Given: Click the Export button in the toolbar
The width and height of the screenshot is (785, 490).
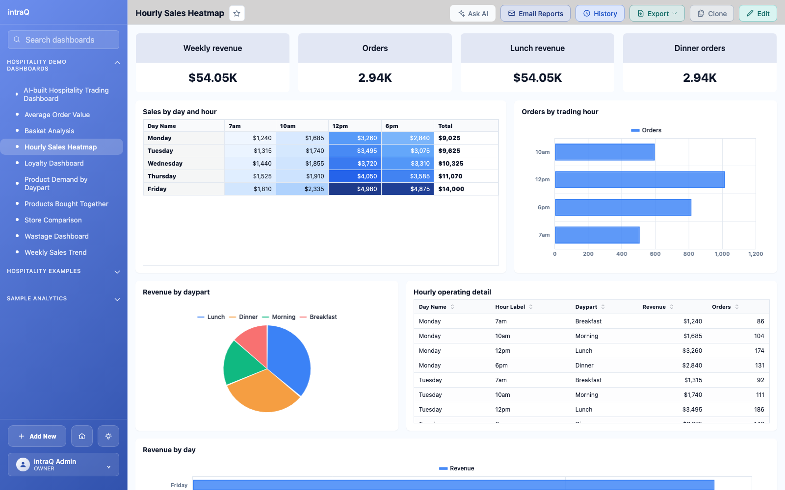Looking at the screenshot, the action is [x=657, y=13].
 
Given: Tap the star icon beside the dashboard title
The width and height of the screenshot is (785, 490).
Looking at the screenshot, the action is [x=237, y=13].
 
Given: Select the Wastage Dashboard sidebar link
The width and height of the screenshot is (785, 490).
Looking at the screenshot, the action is [x=56, y=236].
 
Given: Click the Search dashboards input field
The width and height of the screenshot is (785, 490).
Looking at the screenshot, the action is [x=63, y=40].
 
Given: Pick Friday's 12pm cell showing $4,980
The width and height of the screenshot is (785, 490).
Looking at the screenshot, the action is [x=355, y=189].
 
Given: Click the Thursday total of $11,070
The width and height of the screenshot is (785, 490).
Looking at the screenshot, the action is [x=450, y=176].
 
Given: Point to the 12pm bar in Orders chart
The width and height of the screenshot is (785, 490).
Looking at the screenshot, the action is [x=640, y=179].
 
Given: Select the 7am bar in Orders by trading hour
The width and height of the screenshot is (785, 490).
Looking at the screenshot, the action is [x=597, y=235].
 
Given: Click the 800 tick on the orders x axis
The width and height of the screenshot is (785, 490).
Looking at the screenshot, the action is [x=689, y=254].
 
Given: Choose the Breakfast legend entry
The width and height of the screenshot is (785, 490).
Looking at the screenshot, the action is [x=318, y=317].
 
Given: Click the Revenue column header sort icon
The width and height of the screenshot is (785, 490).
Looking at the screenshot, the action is [x=672, y=307].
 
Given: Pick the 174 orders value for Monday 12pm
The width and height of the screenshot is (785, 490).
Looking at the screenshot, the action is [x=759, y=351].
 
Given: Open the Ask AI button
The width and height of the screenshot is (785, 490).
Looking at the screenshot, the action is [x=472, y=13].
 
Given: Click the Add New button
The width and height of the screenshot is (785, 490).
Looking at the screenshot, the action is [x=37, y=436].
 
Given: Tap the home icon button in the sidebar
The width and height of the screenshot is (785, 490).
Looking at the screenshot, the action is [x=81, y=436].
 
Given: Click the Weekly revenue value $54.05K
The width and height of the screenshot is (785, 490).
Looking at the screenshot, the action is [x=212, y=78].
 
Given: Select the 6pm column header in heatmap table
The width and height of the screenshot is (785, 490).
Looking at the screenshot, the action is [x=392, y=126].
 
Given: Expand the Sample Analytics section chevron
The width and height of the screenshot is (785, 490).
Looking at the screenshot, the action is [x=117, y=299].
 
